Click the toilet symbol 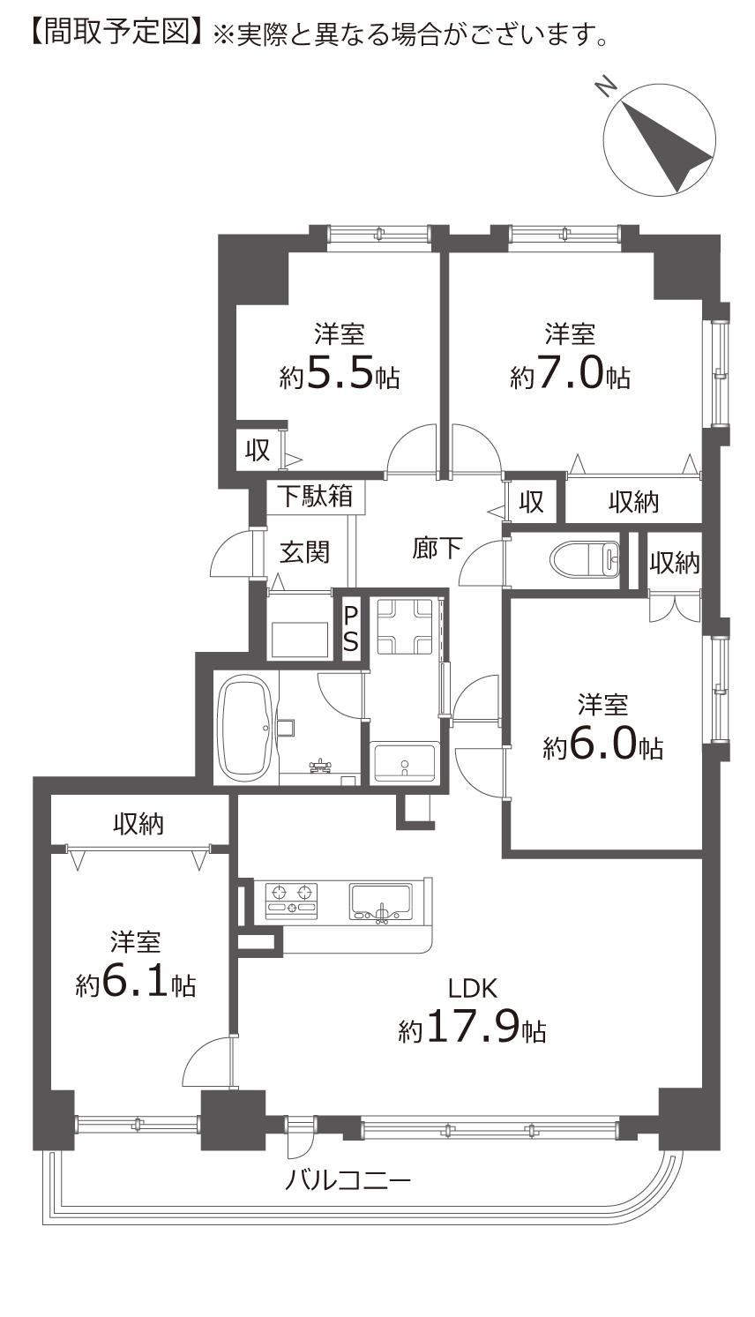[x=585, y=557]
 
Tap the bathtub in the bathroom [x=247, y=727]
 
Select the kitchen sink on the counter [x=381, y=902]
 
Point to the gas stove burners [x=291, y=900]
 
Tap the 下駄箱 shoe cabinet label [x=315, y=496]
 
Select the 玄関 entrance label [x=304, y=552]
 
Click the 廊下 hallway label [x=436, y=548]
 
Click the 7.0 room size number [x=570, y=373]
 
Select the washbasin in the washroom [x=405, y=762]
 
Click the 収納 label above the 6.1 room [x=138, y=824]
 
